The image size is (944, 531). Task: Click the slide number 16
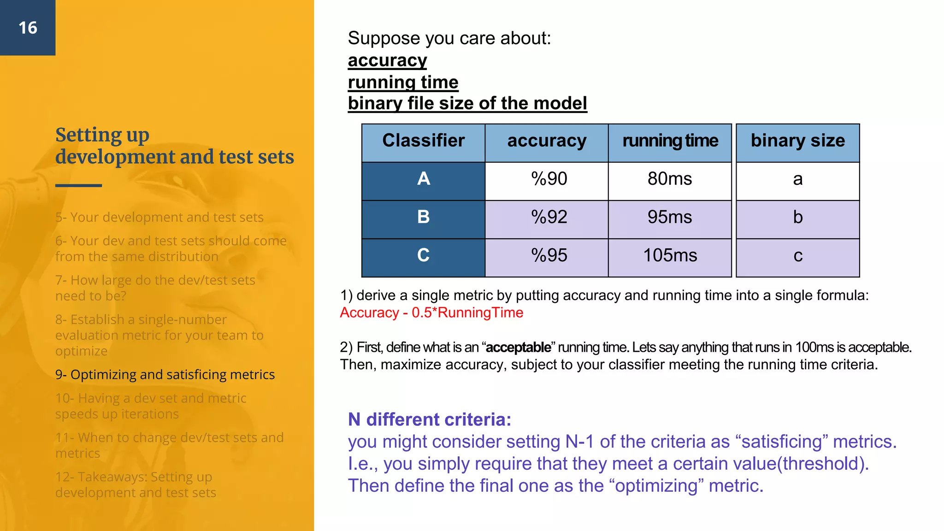tap(28, 28)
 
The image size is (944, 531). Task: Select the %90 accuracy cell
tap(549, 179)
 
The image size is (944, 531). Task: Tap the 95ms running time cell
tap(670, 217)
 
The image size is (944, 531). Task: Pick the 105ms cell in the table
tap(670, 255)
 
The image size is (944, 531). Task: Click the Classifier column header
tap(423, 141)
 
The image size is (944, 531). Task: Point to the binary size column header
tap(797, 141)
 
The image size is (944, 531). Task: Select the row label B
tap(423, 217)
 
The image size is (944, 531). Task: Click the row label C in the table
tap(423, 255)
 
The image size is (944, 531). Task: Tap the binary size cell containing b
tap(797, 217)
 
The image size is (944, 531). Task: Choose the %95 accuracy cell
tap(549, 255)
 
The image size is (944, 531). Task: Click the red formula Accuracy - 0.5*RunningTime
tap(431, 313)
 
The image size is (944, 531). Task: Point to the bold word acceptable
tap(518, 347)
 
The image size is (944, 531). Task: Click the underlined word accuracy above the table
tap(387, 60)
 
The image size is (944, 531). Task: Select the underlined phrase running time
tap(403, 82)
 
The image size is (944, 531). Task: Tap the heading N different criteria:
tap(429, 419)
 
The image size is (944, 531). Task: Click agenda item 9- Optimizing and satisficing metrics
tap(165, 375)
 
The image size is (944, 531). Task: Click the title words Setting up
tap(102, 135)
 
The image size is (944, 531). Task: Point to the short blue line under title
tap(78, 185)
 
